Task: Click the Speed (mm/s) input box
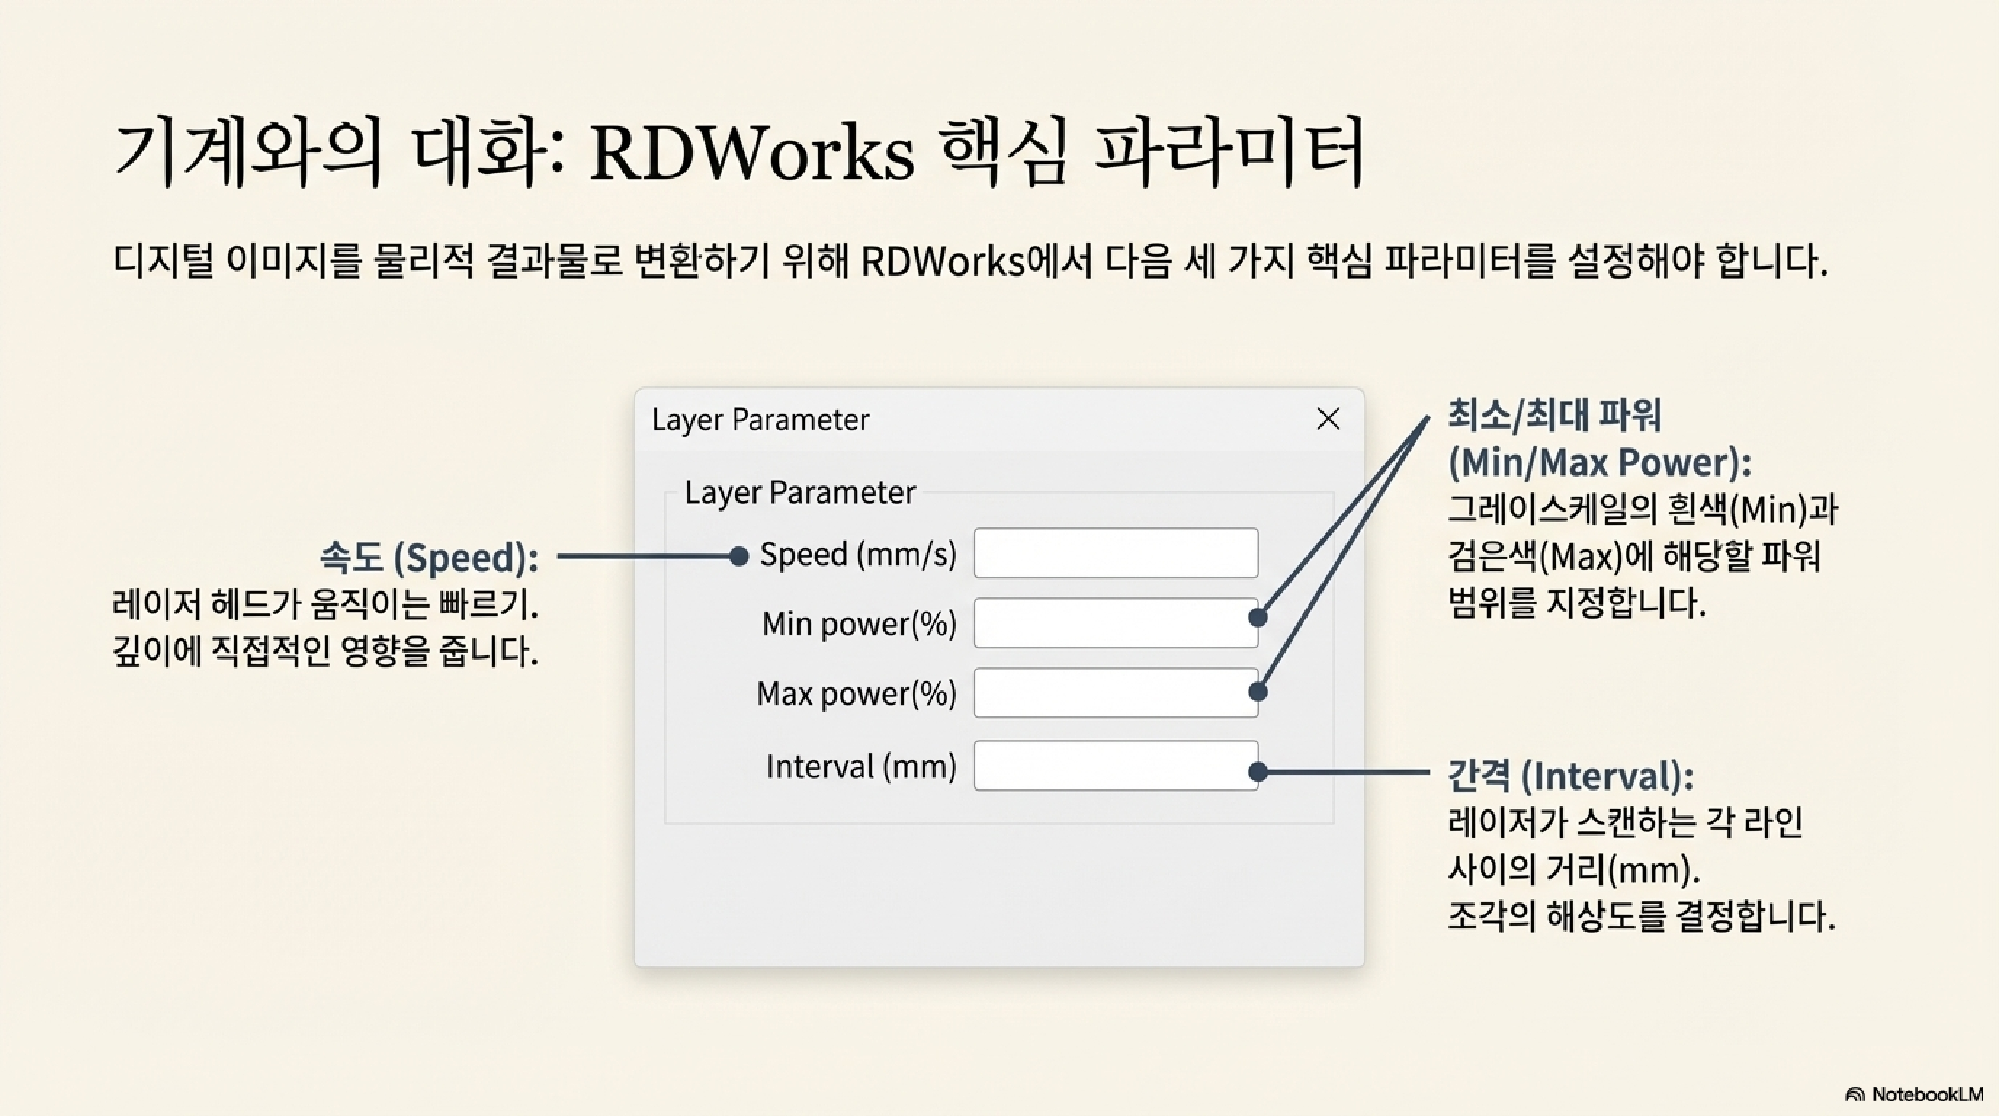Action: click(1115, 553)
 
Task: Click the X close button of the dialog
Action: click(1328, 419)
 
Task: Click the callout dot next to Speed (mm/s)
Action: click(739, 557)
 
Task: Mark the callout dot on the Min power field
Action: click(1258, 618)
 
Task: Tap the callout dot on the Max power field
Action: click(1258, 692)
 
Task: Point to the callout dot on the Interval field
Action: click(1258, 772)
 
